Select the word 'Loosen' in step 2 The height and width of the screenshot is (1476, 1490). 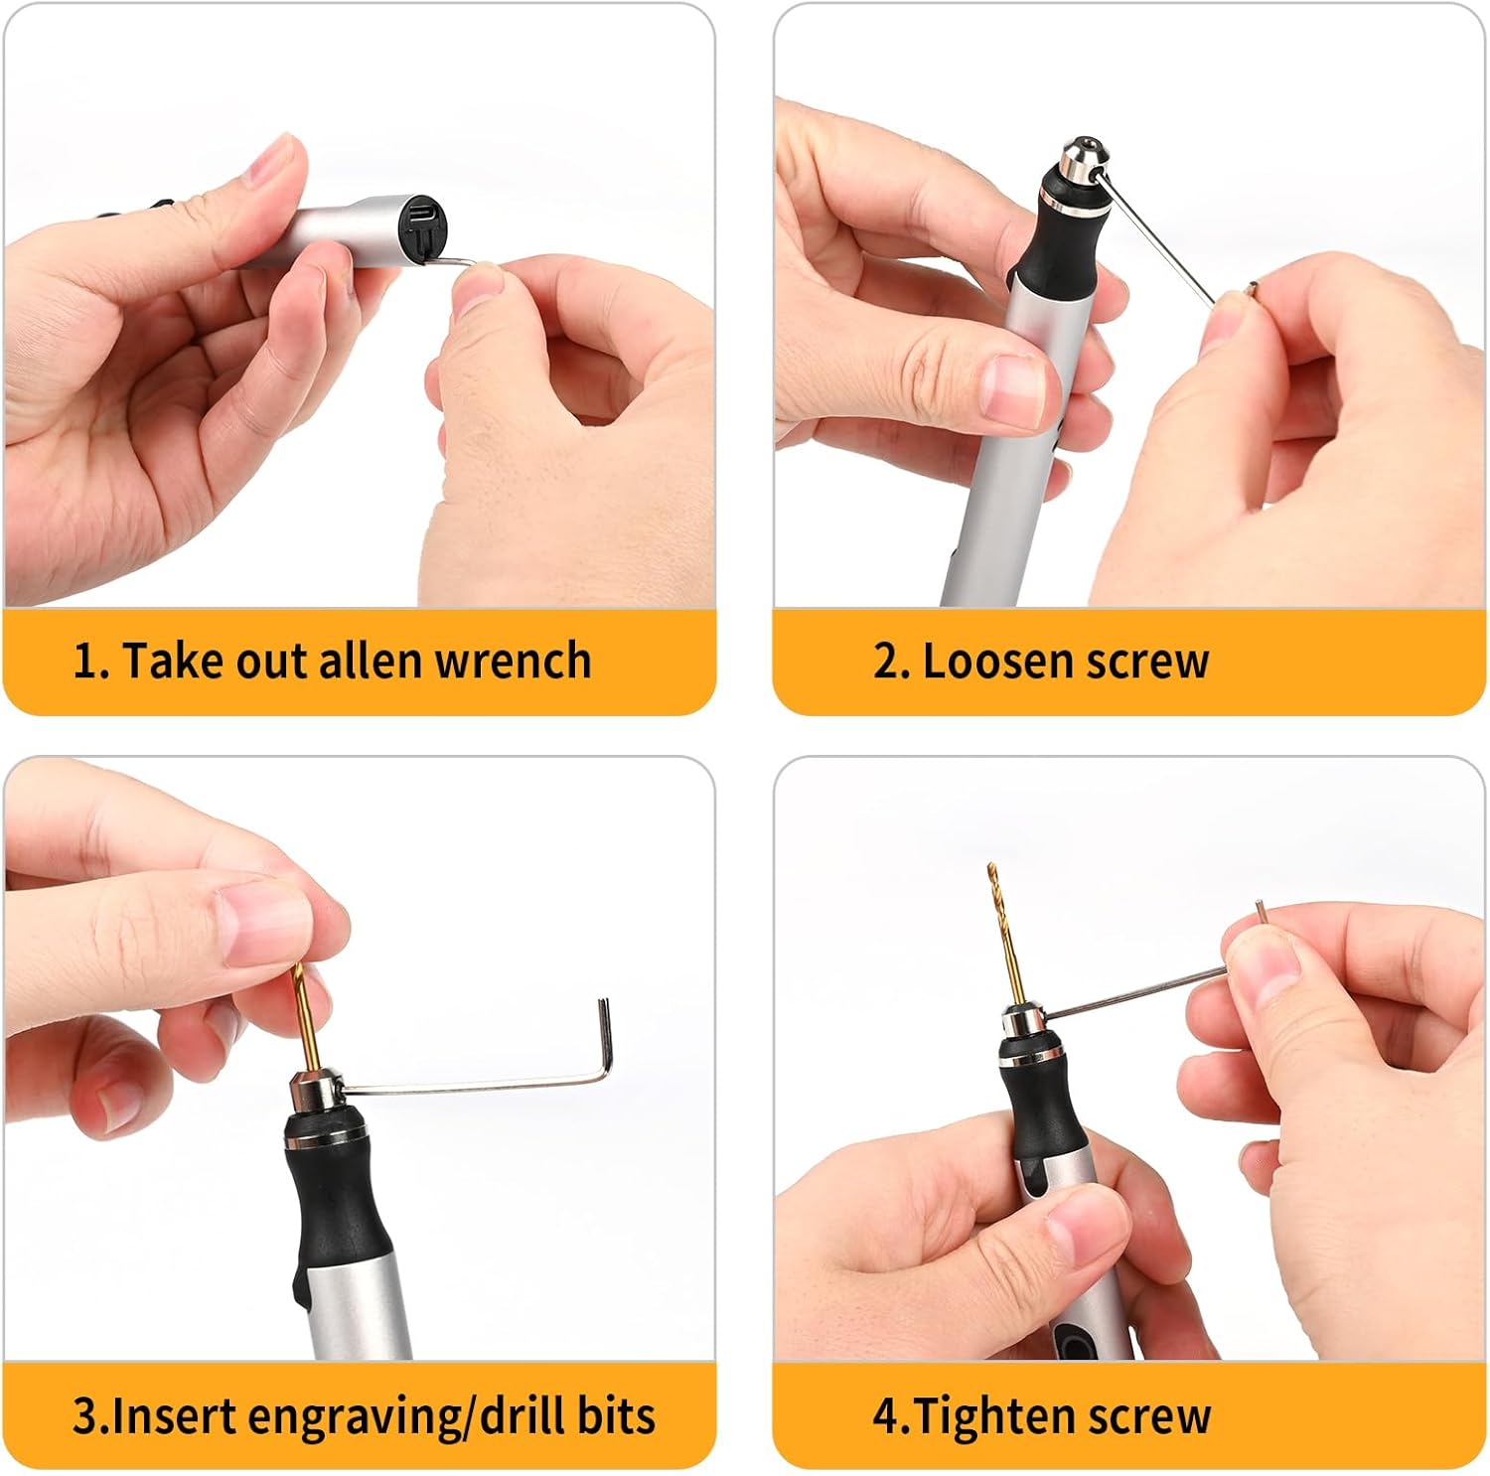coord(993,661)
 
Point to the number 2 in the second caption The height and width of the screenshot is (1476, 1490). coord(886,662)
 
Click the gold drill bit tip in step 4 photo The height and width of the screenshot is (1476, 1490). coord(989,869)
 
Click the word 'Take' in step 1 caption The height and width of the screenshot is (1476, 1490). coord(172,661)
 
